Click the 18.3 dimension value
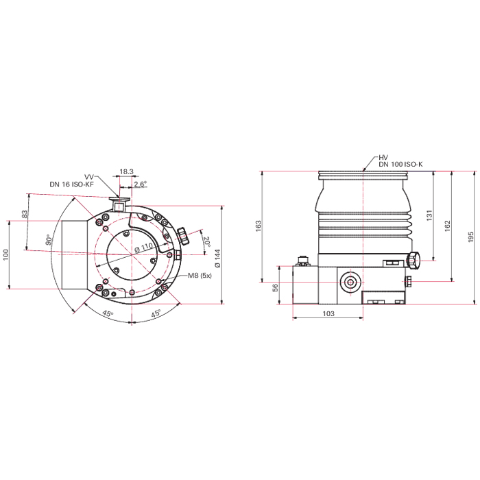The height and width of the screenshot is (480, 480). (126, 171)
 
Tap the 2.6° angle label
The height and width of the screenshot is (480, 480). (140, 184)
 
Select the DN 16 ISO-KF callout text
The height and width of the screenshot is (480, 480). (71, 184)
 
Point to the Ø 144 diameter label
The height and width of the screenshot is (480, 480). (217, 258)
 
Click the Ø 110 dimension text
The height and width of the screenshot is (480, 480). (143, 248)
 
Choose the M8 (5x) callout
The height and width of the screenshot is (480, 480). (200, 276)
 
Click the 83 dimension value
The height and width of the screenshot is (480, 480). (25, 214)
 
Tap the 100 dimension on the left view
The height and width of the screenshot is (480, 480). (5, 254)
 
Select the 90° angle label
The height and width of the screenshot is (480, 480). (49, 240)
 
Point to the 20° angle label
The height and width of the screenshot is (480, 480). (206, 241)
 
